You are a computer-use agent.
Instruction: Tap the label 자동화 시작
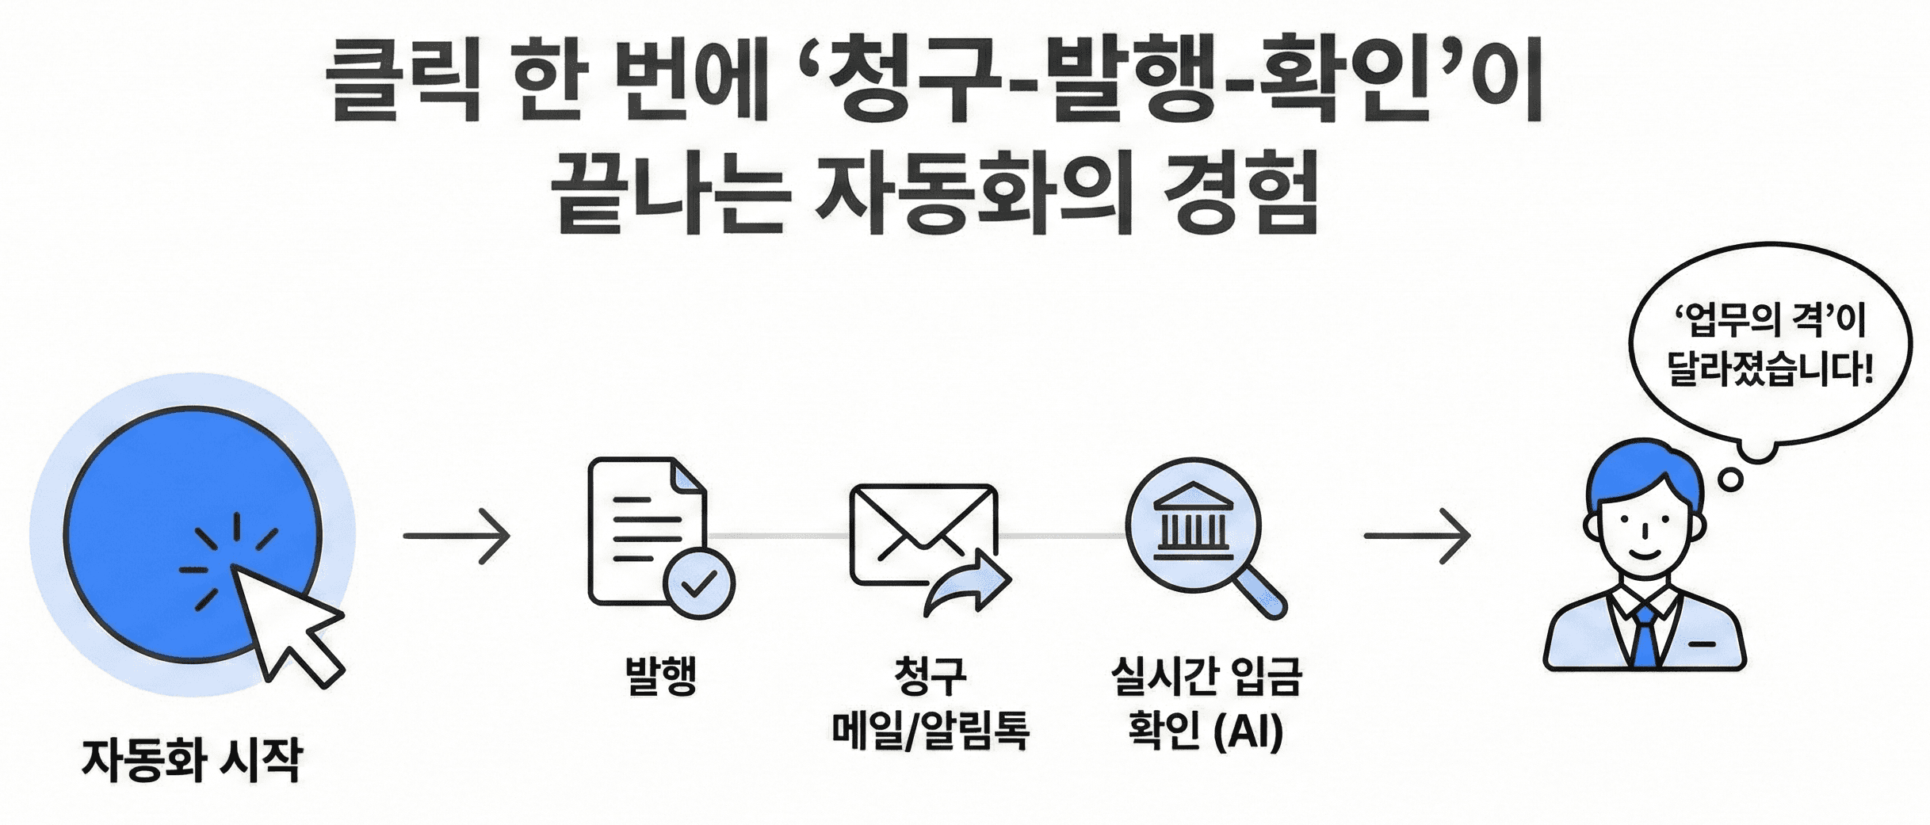(x=192, y=760)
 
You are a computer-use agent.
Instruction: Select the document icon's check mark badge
(x=699, y=584)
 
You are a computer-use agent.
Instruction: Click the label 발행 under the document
(x=661, y=676)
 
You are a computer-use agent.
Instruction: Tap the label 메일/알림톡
(x=930, y=730)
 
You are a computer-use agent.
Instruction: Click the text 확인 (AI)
(x=1205, y=730)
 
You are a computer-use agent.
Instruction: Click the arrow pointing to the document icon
(x=457, y=537)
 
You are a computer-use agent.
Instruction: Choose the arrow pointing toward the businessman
(x=1416, y=537)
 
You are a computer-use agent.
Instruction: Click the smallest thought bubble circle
(x=1729, y=479)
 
